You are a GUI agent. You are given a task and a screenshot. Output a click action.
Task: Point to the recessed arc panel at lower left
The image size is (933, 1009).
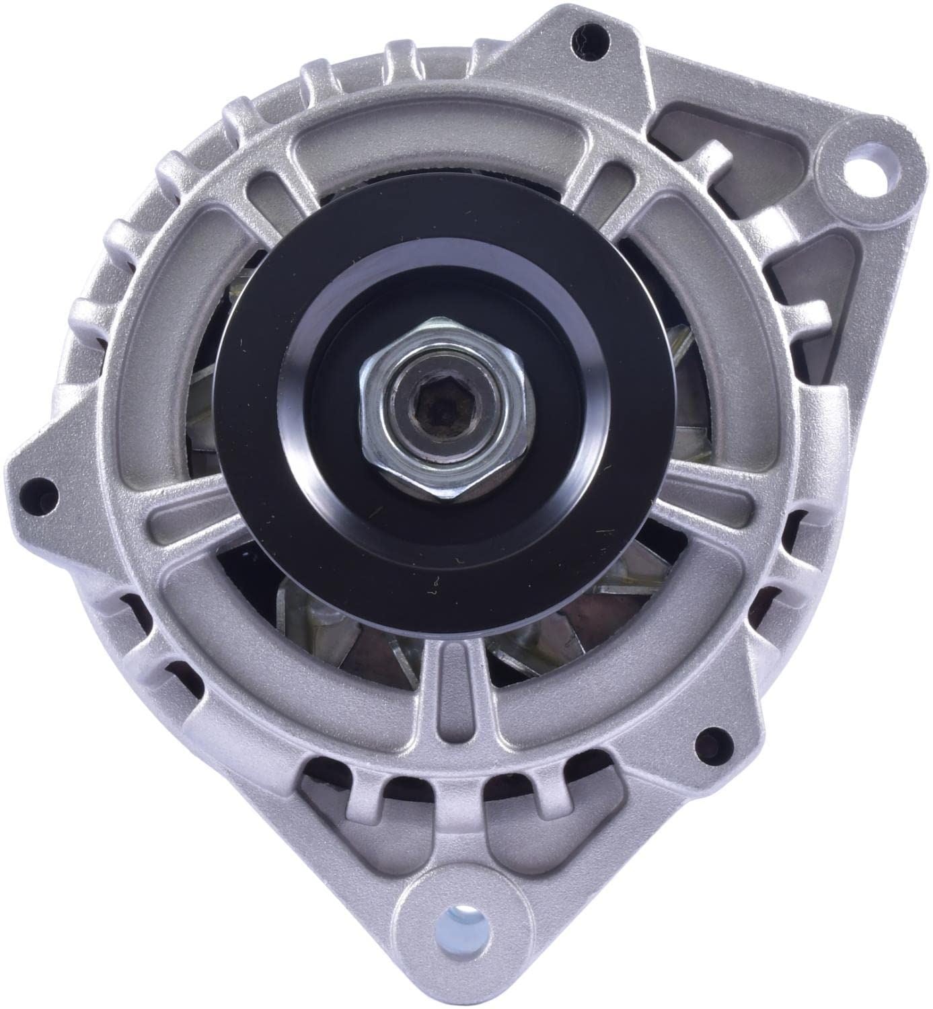(256, 673)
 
